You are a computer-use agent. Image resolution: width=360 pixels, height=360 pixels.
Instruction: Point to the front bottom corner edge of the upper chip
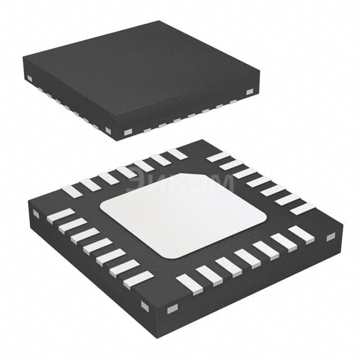[x=117, y=135]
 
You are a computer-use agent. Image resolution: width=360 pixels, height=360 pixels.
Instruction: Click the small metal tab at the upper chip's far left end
[x=29, y=78]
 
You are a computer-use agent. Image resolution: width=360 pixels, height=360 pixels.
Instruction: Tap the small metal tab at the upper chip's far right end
[x=250, y=92]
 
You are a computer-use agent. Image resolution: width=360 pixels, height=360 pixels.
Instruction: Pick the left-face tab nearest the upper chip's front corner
[x=108, y=130]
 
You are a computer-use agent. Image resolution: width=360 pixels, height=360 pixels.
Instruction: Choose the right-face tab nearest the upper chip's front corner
[x=128, y=132]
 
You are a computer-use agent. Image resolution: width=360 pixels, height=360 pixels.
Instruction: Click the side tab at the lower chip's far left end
[x=36, y=214]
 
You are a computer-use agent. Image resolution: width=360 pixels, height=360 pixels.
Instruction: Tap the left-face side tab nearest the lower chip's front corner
[x=145, y=306]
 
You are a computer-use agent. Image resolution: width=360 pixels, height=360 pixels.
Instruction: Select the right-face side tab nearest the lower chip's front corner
[x=172, y=308]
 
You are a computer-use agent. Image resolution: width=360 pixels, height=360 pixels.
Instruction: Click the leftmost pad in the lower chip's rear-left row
[x=71, y=192]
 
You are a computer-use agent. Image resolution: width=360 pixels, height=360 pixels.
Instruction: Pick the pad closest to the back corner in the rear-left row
[x=177, y=154]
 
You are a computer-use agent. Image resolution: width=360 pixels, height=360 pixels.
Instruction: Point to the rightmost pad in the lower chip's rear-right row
[x=302, y=209]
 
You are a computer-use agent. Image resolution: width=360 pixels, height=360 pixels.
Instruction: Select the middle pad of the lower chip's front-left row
[x=97, y=246]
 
